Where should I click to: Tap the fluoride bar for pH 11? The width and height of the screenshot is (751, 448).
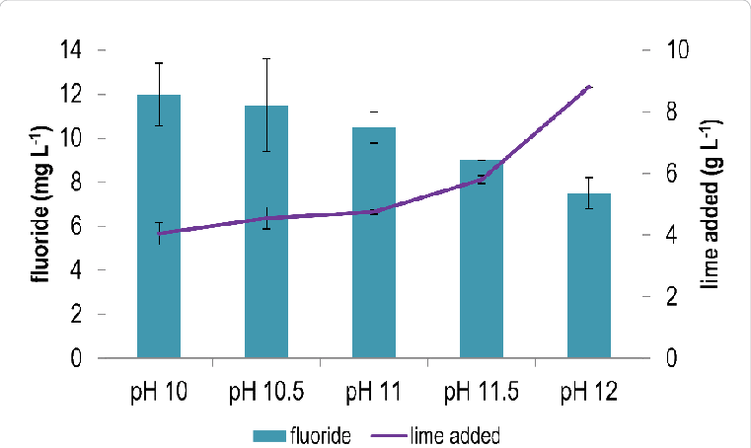[x=374, y=241]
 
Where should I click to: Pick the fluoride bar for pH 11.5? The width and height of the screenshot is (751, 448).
[x=482, y=258]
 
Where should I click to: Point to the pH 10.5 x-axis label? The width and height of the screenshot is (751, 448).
[x=267, y=389]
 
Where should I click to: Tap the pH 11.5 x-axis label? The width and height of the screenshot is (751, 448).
[x=482, y=389]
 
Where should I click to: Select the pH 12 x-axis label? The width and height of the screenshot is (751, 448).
[x=589, y=389]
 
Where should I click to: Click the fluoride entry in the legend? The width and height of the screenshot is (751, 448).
[x=301, y=433]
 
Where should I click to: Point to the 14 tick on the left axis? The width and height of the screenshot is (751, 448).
[x=72, y=47]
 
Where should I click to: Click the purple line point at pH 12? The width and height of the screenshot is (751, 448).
[x=589, y=87]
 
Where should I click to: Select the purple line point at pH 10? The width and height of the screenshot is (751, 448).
[x=159, y=233]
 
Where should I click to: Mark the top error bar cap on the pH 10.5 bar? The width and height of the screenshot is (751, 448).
[x=266, y=58]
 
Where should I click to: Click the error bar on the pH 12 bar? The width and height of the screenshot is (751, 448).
[x=589, y=192]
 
